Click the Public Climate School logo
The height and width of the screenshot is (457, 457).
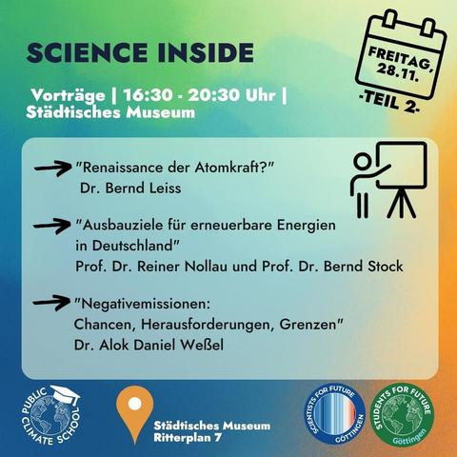[x=47, y=415]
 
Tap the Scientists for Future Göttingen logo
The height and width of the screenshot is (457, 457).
[x=333, y=415]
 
